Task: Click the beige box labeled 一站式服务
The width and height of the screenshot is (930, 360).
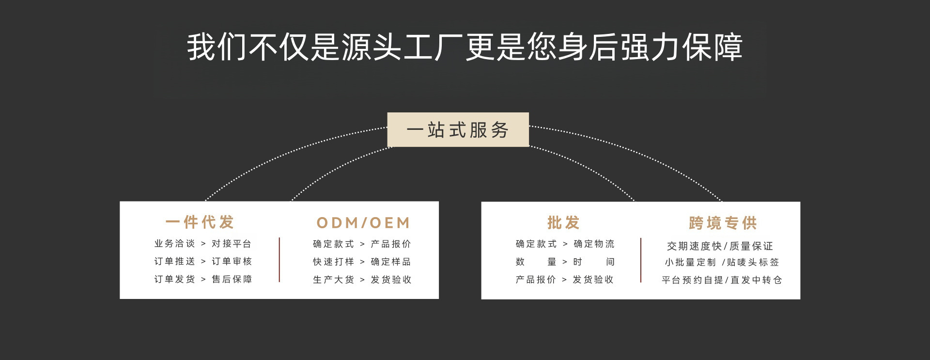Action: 458,129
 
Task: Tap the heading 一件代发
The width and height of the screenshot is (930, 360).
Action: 200,222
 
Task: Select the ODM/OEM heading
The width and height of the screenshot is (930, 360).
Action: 363,223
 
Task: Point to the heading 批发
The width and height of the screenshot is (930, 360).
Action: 563,223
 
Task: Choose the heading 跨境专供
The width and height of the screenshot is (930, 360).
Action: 723,223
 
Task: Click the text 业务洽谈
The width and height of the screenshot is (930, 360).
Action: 174,244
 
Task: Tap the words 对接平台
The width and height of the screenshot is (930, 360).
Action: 232,244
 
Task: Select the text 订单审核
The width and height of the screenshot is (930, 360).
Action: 232,262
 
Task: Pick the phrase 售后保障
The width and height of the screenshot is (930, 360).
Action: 232,280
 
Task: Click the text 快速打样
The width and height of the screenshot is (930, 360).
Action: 333,262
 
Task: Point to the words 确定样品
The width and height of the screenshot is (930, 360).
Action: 390,262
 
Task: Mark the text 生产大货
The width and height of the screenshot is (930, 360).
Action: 333,280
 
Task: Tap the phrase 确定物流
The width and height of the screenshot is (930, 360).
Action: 594,244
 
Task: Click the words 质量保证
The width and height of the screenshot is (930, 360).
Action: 751,246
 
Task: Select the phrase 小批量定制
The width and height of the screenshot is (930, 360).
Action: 690,262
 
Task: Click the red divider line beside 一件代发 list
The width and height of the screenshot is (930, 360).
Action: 279,260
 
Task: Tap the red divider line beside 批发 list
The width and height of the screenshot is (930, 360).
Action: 641,260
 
